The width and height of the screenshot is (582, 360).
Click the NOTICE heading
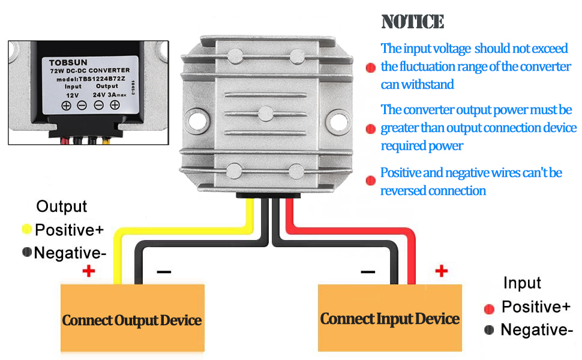point(412,22)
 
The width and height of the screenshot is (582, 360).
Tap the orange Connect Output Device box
point(132,318)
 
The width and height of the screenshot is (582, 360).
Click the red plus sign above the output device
point(89,271)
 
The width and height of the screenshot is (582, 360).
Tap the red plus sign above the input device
point(442,271)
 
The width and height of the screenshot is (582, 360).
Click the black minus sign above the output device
point(164,272)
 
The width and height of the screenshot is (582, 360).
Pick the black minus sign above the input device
point(368,272)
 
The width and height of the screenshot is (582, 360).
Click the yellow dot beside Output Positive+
point(26,229)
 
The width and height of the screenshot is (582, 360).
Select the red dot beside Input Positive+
point(489,308)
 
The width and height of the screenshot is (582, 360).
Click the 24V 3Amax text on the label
point(107,94)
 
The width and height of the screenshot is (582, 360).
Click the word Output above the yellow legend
point(61,207)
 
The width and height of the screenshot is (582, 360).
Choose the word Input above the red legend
point(522,283)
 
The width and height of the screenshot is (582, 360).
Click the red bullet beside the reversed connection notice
point(371,180)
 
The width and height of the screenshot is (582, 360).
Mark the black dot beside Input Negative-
point(489,329)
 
